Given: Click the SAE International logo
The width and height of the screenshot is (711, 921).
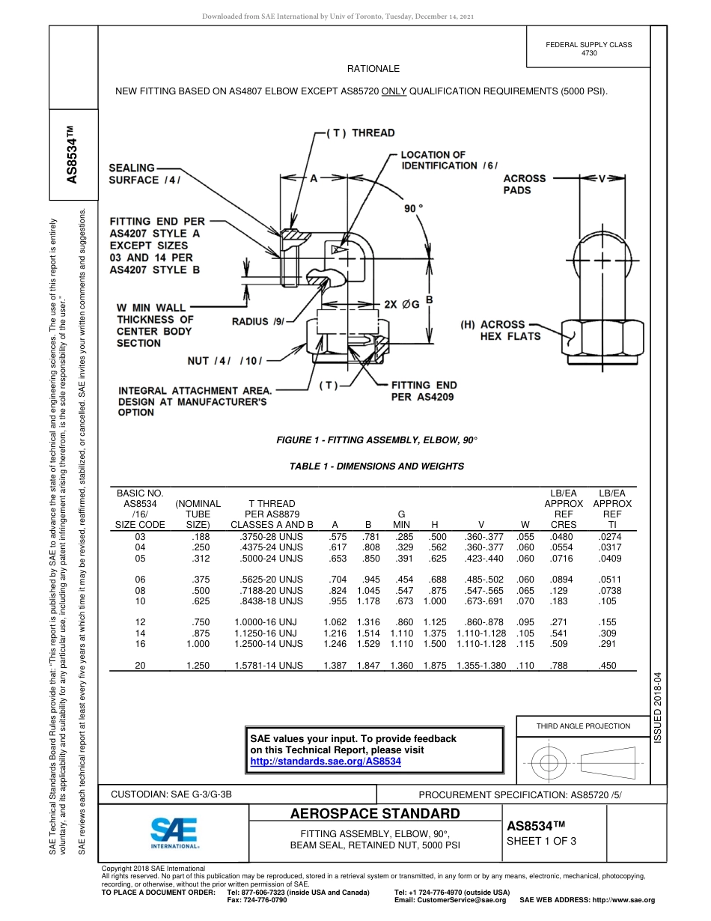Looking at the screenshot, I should point(174,832).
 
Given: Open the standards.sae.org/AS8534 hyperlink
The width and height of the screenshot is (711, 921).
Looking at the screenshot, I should point(326,761).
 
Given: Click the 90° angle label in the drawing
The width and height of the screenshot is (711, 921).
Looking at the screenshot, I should point(414,208).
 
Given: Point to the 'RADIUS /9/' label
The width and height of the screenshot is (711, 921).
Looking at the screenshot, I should point(258,322).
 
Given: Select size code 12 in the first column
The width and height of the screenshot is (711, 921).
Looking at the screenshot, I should point(141,621).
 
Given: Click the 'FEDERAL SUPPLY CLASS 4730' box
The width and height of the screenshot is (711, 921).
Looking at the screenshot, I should point(588,49).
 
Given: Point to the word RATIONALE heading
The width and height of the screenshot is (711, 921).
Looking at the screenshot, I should point(373,69).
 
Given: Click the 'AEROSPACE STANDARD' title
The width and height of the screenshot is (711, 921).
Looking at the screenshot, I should point(375,814).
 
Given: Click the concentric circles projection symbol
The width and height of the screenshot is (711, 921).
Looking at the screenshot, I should point(550,762).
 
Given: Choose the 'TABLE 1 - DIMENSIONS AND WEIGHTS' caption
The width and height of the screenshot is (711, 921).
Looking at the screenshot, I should point(376,466).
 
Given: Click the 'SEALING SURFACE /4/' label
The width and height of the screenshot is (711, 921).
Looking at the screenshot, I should point(144,174).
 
